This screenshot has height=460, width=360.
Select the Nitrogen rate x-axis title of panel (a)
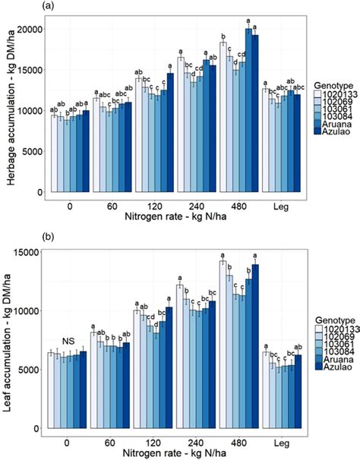[x=175, y=216]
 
